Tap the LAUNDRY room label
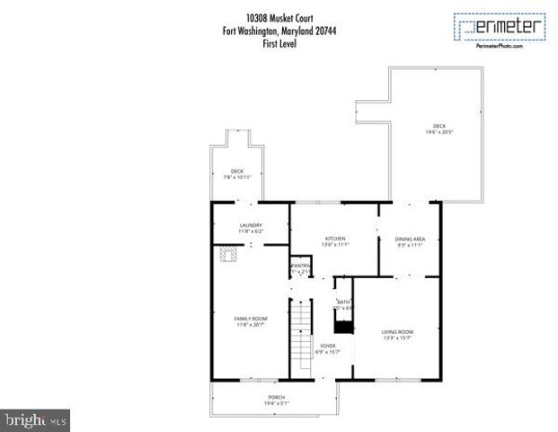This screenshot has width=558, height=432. (x=250, y=225)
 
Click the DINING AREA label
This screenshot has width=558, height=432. (x=411, y=238)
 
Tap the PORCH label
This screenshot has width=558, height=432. (x=276, y=397)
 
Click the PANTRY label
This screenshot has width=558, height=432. (x=300, y=265)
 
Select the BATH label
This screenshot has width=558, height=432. (x=343, y=301)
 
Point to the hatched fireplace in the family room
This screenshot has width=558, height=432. (x=229, y=256)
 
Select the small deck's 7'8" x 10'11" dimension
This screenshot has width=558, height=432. (x=237, y=177)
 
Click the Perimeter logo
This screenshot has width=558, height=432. (x=500, y=27)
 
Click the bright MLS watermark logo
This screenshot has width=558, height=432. (x=36, y=419)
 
